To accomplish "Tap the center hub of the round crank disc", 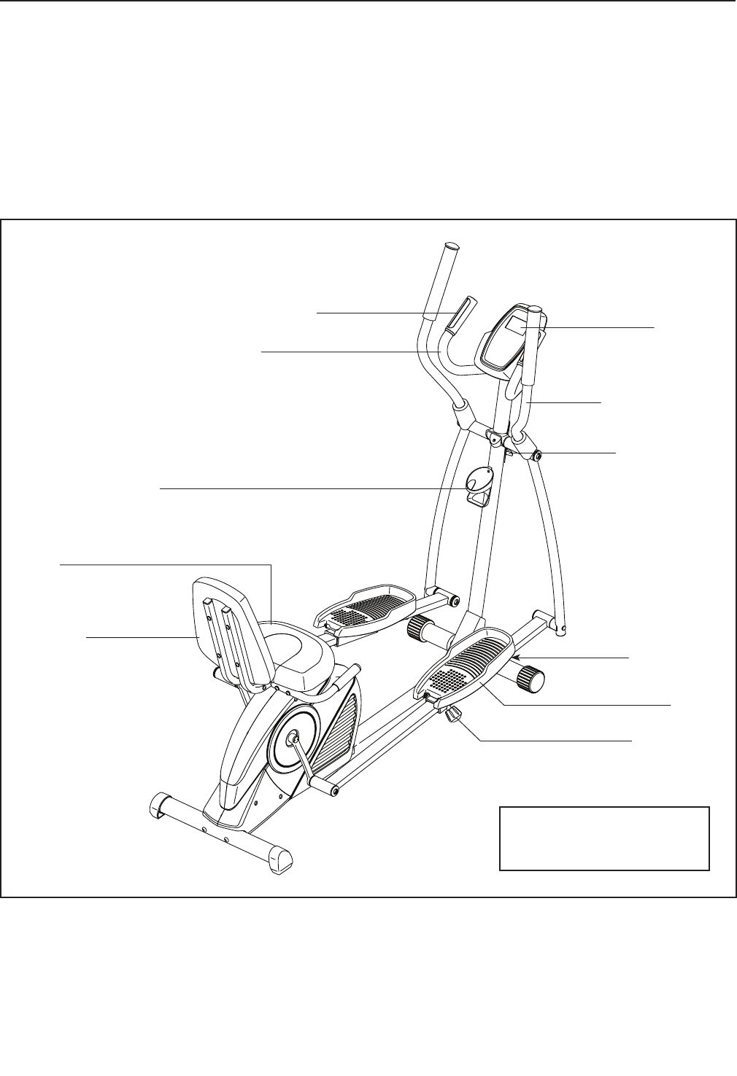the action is pos(294,739).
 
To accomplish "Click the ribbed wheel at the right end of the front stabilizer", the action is pos(532,680).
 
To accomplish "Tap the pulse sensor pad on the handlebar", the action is pos(459,313).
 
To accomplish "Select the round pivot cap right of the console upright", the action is pos(536,456).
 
